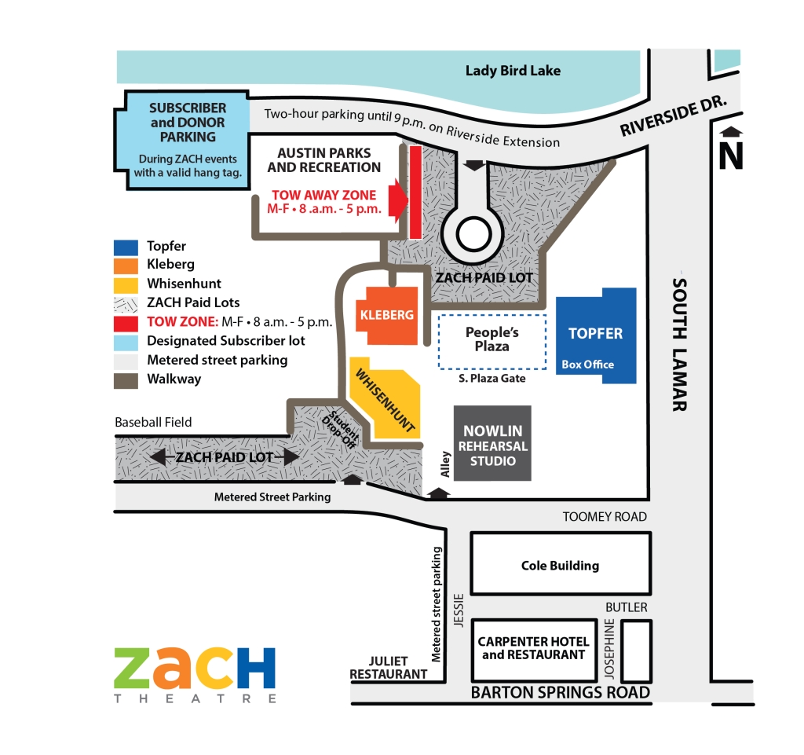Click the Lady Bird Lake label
tap(513, 71)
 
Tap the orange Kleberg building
tap(387, 315)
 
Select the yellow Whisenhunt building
tap(386, 399)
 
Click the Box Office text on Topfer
tap(587, 365)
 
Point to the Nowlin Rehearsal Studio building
tap(492, 443)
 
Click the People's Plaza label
tap(492, 339)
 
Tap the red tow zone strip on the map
tap(415, 192)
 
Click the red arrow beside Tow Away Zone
tap(398, 200)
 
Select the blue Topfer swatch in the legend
tap(126, 247)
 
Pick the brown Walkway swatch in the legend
tap(126, 380)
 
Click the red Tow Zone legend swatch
tap(126, 324)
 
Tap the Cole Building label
tap(560, 566)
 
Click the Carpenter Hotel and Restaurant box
tap(534, 651)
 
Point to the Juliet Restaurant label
tap(388, 668)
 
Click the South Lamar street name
tap(680, 345)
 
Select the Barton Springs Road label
tap(561, 692)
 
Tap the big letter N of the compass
tap(731, 156)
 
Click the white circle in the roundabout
tap(473, 234)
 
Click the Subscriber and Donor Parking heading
tap(188, 123)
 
